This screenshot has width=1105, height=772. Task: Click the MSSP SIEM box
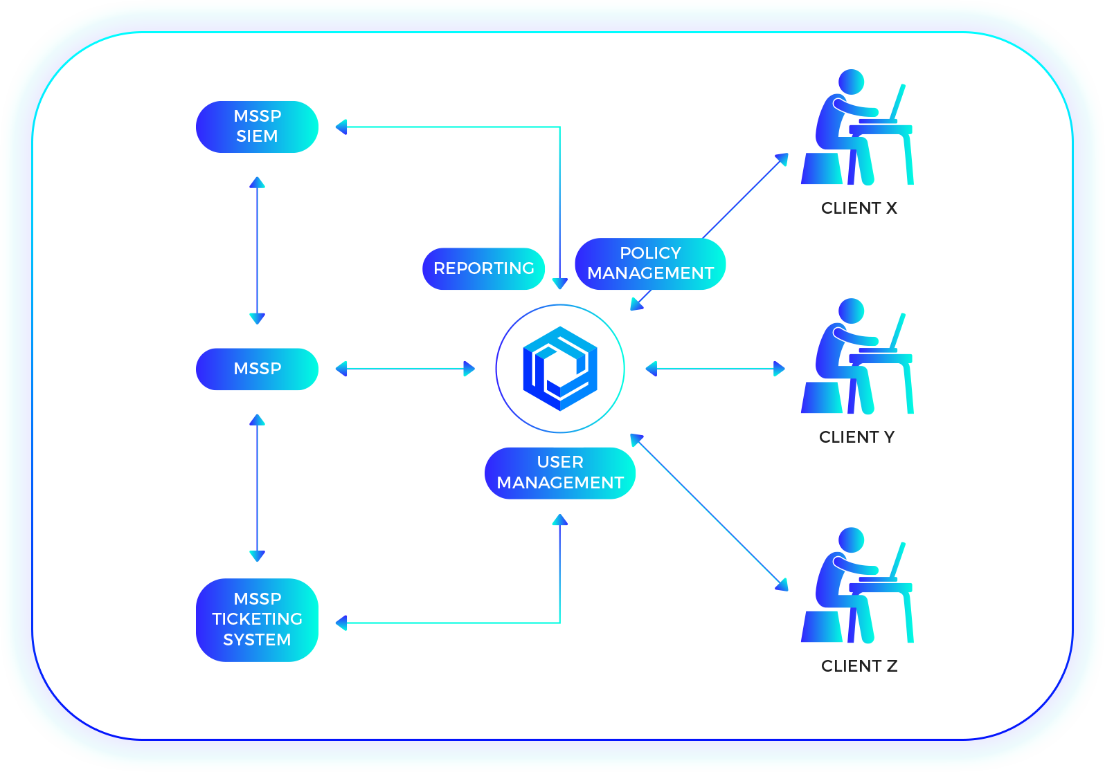point(257,127)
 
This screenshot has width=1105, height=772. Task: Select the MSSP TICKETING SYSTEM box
point(257,619)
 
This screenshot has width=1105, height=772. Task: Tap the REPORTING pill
point(483,268)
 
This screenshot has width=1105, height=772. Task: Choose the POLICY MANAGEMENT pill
point(650,264)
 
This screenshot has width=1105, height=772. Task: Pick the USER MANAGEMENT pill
point(560,472)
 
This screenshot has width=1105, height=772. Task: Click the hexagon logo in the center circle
point(560,369)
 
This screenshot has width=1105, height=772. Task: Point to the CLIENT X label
point(859,208)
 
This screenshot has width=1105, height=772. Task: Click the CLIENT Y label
point(856,437)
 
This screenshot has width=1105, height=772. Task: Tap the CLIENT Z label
point(859,665)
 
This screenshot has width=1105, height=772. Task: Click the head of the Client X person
point(852,82)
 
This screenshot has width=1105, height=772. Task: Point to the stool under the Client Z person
point(822,626)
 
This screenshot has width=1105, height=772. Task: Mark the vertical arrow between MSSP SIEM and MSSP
point(257,250)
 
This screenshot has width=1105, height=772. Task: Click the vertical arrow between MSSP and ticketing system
point(257,488)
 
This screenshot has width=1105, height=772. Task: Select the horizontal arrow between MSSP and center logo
point(405,369)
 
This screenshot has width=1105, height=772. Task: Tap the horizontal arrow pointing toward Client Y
point(715,369)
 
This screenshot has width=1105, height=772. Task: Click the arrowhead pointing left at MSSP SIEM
point(341,127)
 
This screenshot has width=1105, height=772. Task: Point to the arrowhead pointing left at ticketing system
point(341,623)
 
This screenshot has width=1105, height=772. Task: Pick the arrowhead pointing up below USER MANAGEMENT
point(559,520)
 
